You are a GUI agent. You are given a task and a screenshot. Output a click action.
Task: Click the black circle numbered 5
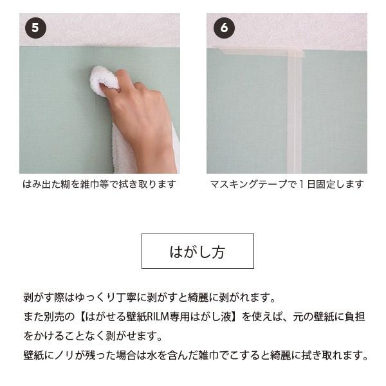[35, 28]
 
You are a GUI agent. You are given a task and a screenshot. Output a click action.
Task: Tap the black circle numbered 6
[224, 28]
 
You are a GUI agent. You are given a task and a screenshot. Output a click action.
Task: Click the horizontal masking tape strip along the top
[259, 52]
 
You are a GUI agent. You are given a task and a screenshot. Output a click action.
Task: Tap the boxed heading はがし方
[198, 252]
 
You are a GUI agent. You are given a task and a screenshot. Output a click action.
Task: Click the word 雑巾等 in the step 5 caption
[95, 184]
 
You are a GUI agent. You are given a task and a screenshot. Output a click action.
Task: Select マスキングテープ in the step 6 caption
[248, 184]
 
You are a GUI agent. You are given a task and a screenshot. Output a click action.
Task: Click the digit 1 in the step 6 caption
[302, 184]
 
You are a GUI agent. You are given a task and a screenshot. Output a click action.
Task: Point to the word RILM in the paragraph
[154, 317]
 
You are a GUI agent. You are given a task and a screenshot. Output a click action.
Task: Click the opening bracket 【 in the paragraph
[81, 317]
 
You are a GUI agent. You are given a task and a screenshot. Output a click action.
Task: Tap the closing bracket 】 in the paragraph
[235, 317]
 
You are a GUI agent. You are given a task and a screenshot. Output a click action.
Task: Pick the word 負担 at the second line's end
[354, 317]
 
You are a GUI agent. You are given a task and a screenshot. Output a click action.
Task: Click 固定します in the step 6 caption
[340, 184]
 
